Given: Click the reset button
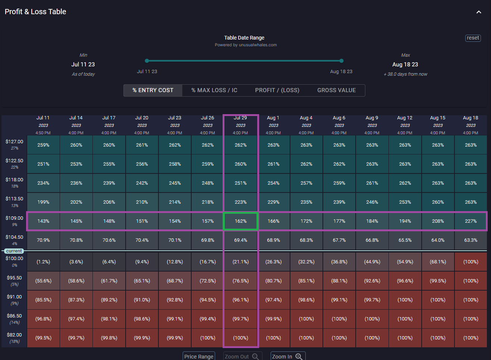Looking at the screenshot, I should pyautogui.click(x=473, y=38).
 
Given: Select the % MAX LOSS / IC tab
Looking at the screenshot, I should pyautogui.click(x=214, y=90).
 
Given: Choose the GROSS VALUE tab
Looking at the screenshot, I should pyautogui.click(x=336, y=90).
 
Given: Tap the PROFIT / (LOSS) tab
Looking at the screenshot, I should pyautogui.click(x=277, y=90).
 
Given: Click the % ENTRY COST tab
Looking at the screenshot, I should pyautogui.click(x=153, y=90).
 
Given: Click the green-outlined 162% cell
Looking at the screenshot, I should pyautogui.click(x=240, y=221).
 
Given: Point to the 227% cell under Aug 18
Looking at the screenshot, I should pyautogui.click(x=470, y=221).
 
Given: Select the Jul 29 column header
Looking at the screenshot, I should pyautogui.click(x=240, y=125).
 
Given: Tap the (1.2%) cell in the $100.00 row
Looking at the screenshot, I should pyautogui.click(x=43, y=262).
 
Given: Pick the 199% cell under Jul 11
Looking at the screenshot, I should pyautogui.click(x=43, y=202).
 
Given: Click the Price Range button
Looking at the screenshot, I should pyautogui.click(x=199, y=356).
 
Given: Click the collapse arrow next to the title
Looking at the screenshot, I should pyautogui.click(x=479, y=12).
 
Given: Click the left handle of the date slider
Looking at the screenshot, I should pyautogui.click(x=147, y=61).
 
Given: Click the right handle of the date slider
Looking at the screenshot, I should pyautogui.click(x=342, y=61).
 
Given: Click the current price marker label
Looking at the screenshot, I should pyautogui.click(x=14, y=251).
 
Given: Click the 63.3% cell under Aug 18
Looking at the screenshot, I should pyautogui.click(x=470, y=240).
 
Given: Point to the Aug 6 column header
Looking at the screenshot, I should pyautogui.click(x=339, y=125).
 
